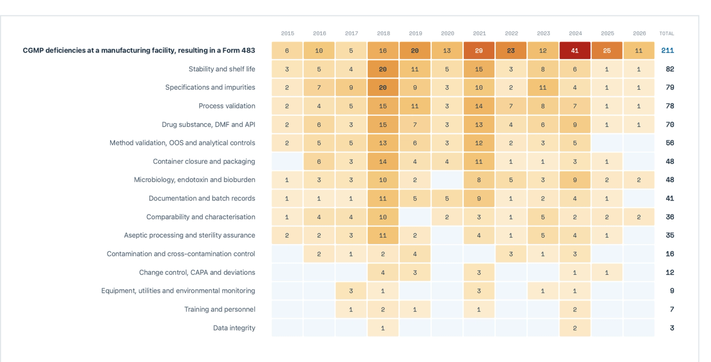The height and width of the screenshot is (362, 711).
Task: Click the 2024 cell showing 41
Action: coord(575,51)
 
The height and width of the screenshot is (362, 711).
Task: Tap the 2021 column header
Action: coord(479,33)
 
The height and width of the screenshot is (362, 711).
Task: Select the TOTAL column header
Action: coord(667,33)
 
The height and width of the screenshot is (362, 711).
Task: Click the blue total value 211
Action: coord(667,51)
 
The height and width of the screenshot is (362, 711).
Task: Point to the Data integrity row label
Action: coord(234,328)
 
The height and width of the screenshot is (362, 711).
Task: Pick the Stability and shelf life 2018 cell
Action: coord(383,69)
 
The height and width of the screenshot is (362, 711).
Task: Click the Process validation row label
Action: coord(227,106)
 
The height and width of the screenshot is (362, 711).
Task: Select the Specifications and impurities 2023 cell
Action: coord(543,88)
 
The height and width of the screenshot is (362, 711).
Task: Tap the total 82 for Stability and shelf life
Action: coord(670,69)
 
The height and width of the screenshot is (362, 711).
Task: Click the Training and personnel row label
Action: coord(220,309)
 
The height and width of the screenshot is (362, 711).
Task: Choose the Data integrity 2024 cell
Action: coord(575,328)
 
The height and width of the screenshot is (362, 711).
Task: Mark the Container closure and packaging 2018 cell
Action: coord(383,161)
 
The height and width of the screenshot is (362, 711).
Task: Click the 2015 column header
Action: coord(288,33)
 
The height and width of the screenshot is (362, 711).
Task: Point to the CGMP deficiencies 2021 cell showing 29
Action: coord(479,51)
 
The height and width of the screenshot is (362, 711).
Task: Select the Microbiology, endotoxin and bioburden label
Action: coord(194,180)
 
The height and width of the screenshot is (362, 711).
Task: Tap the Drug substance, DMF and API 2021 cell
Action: coord(479,125)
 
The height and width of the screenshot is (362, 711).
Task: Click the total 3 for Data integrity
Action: coord(672,328)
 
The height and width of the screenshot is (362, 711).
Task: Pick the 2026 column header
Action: coord(639,33)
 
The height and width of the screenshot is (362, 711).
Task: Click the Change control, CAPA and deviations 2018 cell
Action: coord(383,273)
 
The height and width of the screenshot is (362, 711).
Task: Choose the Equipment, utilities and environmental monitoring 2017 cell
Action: coord(351,291)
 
